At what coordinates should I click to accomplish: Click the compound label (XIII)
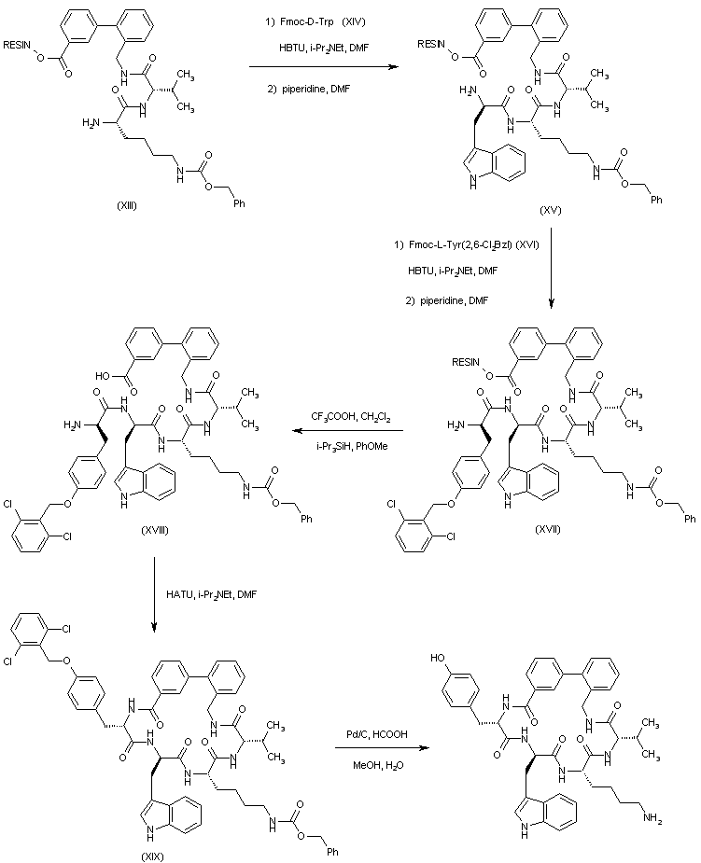(121, 205)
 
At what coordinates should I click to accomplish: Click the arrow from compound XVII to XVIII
(348, 431)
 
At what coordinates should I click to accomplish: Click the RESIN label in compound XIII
(18, 45)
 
